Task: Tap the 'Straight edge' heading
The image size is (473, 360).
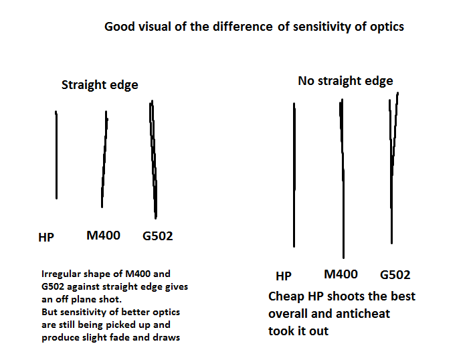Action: [x=100, y=85]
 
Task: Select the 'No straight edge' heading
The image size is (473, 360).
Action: [x=345, y=81]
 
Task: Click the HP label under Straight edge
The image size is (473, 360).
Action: [x=46, y=237]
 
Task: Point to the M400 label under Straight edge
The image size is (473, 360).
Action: [x=103, y=235]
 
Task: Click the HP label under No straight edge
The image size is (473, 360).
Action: [x=284, y=276]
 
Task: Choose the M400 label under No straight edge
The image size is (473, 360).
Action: [x=341, y=274]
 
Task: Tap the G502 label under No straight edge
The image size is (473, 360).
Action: [x=395, y=275]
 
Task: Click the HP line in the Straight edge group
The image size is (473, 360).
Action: [x=56, y=154]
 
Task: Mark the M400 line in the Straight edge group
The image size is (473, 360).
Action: [x=104, y=161]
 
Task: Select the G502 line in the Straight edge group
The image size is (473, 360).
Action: [x=154, y=161]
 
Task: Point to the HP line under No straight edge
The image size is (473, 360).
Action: [x=294, y=174]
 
